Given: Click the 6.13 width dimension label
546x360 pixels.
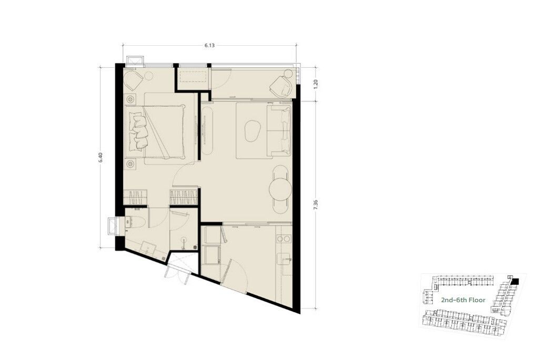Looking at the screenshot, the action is click(210, 45).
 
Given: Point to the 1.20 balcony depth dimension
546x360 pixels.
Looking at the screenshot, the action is click(316, 84).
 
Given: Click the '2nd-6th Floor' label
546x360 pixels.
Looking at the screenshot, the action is click(463, 300).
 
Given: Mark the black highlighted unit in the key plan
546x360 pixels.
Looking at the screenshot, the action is click(515, 281).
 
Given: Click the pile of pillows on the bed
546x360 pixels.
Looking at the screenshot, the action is click(138, 132).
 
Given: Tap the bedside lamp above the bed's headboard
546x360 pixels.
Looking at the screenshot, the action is click(130, 99).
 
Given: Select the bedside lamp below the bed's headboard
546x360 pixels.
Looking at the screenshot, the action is click(130, 163).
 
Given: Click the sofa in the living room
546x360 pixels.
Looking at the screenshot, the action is click(279, 131).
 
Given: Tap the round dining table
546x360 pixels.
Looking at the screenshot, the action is click(280, 189).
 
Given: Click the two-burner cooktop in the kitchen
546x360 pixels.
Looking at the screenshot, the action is click(284, 239).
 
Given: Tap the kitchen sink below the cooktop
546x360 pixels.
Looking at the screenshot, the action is click(284, 259).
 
